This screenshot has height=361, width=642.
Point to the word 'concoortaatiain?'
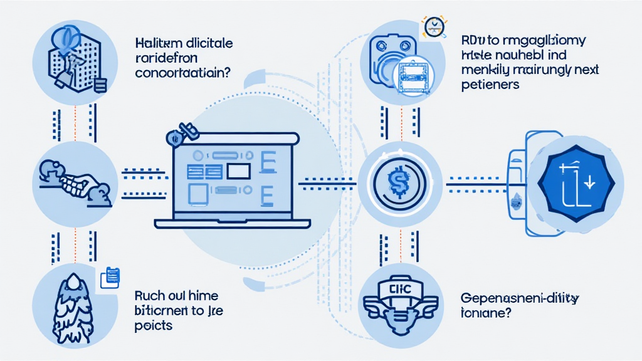coord(182,73)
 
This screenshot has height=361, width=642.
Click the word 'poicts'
coord(154,326)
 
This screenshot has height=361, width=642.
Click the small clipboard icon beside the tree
coord(110,276)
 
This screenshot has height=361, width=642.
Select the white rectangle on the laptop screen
coord(238,170)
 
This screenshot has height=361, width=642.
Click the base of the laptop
coord(233,224)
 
